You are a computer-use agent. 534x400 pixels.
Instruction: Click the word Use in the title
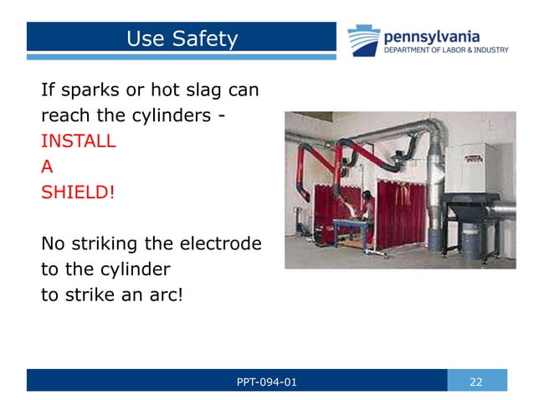(x=145, y=38)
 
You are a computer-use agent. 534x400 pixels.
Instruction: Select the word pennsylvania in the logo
(x=432, y=36)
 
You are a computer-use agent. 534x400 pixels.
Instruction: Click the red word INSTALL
(x=78, y=140)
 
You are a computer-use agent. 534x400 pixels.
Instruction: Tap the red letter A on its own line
(x=47, y=166)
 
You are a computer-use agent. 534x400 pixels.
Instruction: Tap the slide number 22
(x=477, y=382)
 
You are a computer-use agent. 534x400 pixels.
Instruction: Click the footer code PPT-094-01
(x=266, y=382)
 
